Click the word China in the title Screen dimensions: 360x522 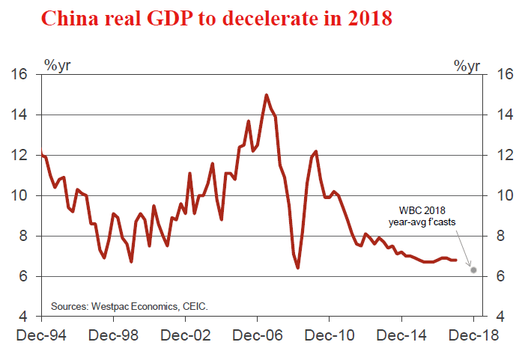[x=68, y=19]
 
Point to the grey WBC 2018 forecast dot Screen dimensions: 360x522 [x=473, y=269]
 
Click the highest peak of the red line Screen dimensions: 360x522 [x=266, y=95]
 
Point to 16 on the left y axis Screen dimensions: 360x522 [x=19, y=75]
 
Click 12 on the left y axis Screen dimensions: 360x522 [x=19, y=156]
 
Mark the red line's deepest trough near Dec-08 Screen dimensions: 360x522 [x=298, y=267]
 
